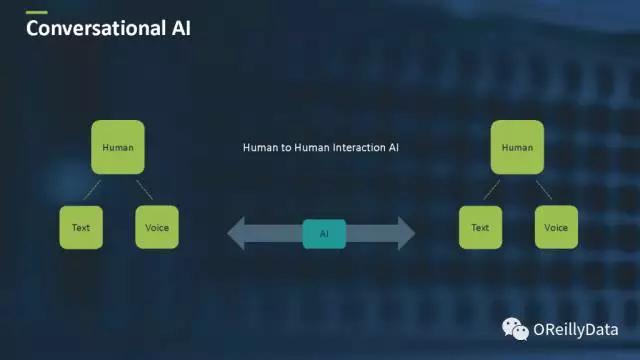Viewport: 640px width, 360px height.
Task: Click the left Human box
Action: (x=118, y=147)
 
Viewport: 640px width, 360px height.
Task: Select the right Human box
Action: (x=517, y=147)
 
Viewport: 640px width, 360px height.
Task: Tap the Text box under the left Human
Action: (x=81, y=227)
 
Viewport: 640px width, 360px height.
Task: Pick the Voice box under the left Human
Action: (x=157, y=227)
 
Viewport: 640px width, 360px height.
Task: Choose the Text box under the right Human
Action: (x=480, y=227)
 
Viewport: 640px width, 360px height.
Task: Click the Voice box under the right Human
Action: (x=556, y=227)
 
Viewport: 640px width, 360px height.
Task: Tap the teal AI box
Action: (x=324, y=234)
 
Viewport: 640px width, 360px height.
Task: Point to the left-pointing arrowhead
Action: (x=236, y=233)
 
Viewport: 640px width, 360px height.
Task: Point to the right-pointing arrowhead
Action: (x=407, y=233)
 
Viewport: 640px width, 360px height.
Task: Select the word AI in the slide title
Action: (x=181, y=28)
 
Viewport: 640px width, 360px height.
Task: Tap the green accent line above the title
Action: (x=37, y=13)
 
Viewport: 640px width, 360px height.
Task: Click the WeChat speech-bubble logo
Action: (x=515, y=329)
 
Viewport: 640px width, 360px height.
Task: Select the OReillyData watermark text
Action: (x=576, y=330)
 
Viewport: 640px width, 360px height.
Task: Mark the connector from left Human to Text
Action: (x=92, y=190)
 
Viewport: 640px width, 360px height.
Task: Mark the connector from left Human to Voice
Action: (x=144, y=190)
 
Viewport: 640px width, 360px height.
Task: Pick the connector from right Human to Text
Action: (x=491, y=190)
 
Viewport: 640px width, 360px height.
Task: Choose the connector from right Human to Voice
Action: (x=544, y=190)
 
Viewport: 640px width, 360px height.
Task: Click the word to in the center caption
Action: (x=286, y=148)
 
